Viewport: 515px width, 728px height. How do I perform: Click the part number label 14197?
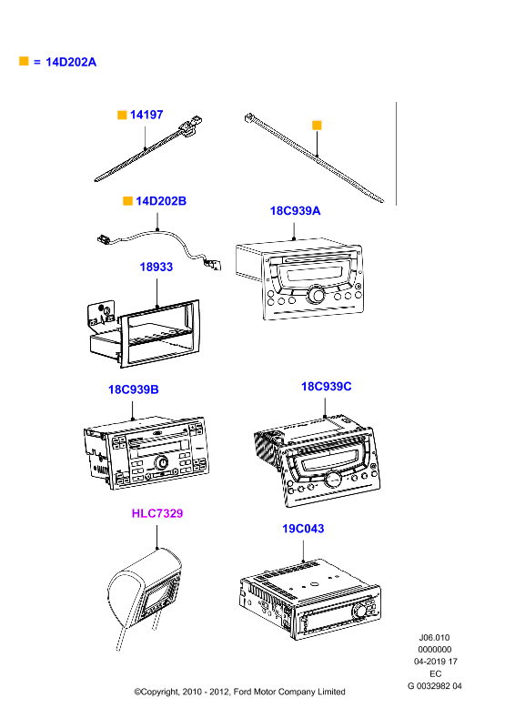146,115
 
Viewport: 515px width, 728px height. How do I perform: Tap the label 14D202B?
161,200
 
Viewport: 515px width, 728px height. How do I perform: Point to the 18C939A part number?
295,210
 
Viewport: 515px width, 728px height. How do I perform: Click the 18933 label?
156,267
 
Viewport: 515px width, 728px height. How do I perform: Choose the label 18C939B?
133,389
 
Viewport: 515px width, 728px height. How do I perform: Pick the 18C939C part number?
326,386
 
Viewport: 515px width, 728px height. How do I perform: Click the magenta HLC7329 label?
157,513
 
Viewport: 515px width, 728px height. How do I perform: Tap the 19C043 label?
303,529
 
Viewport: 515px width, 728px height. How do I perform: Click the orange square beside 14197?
122,115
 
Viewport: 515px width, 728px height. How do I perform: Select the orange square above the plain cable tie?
317,125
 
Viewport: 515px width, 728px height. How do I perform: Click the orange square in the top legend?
24,61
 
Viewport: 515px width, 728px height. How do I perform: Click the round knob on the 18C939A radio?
316,295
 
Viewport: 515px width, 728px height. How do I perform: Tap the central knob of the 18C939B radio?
162,462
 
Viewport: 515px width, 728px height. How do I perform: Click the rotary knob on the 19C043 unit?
359,611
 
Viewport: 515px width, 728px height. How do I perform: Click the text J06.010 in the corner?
434,638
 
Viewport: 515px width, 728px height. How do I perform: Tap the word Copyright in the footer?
159,692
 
